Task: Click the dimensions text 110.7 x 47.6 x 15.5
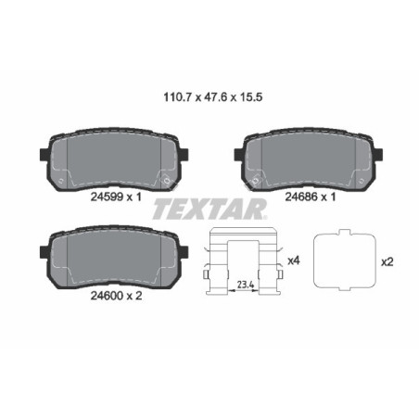point(209,93)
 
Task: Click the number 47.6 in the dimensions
point(209,93)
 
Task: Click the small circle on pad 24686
point(257,178)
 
